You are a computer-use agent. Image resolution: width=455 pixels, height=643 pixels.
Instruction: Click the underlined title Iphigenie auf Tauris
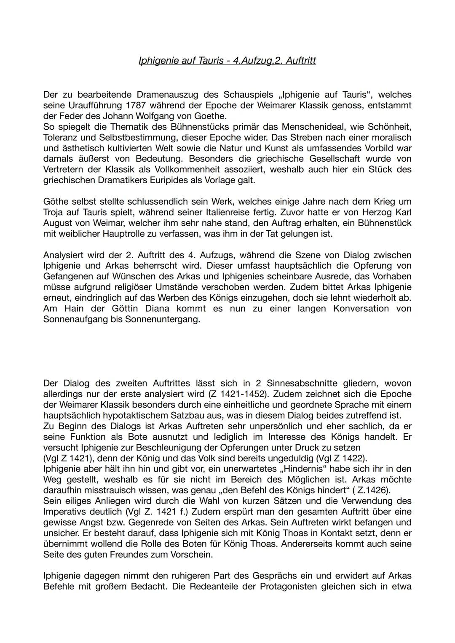(227, 61)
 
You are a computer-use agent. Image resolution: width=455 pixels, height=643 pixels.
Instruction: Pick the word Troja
(54, 212)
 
